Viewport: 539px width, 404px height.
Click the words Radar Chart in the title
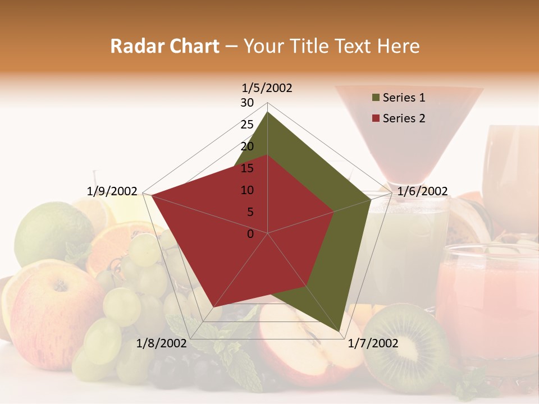click(x=165, y=47)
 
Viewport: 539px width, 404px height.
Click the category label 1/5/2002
click(x=267, y=88)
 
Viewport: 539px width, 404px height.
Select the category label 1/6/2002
click(x=422, y=191)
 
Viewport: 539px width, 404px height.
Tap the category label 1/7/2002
click(x=373, y=343)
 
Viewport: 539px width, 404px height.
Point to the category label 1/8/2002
click(x=162, y=343)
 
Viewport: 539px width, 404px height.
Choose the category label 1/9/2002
click(x=112, y=191)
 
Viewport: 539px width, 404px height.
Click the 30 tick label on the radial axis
click(x=247, y=103)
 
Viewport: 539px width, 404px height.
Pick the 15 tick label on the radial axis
click(x=247, y=168)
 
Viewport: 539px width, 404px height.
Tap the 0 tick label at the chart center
click(x=250, y=233)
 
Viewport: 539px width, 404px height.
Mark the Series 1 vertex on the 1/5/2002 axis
click(x=268, y=112)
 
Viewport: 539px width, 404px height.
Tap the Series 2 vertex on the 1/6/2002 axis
click(x=334, y=212)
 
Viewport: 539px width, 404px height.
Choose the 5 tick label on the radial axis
click(x=250, y=212)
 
